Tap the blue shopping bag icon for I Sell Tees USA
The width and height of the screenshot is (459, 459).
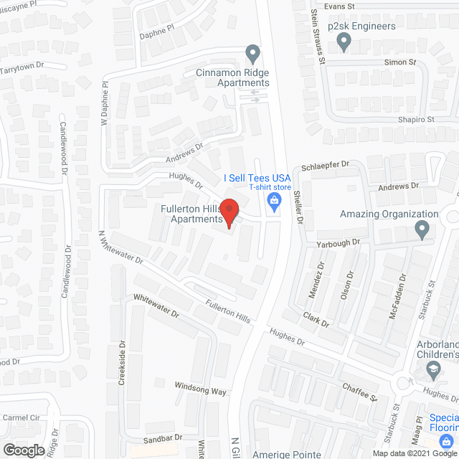point(273,203)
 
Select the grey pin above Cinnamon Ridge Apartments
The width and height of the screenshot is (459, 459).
point(252,53)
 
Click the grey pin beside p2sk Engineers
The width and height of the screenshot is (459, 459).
point(344,43)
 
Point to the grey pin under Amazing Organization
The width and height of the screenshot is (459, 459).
point(422,229)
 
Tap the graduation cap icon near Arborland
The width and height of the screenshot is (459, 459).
point(433,369)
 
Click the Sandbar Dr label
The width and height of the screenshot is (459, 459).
point(165,437)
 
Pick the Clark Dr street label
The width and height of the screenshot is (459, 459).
point(316,320)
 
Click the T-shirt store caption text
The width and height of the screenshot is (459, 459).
point(270,188)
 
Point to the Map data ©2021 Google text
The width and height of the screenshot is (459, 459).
point(414,453)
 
